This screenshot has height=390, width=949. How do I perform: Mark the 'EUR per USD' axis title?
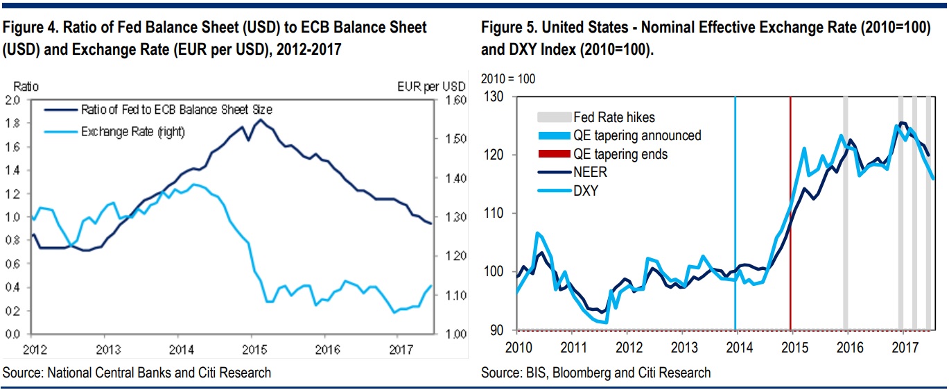point(431,87)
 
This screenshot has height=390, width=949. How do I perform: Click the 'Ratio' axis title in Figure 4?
point(26,87)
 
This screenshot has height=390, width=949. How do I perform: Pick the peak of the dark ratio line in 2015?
point(260,120)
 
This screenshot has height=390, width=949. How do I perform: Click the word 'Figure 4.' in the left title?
point(28,28)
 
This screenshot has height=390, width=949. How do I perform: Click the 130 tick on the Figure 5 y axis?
point(496,97)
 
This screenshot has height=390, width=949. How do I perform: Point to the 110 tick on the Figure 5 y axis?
point(496,214)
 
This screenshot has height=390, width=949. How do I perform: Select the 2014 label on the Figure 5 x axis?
point(737,346)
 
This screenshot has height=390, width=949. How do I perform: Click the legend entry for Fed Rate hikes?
point(613,117)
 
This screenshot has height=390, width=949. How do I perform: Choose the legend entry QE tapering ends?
point(620,154)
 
